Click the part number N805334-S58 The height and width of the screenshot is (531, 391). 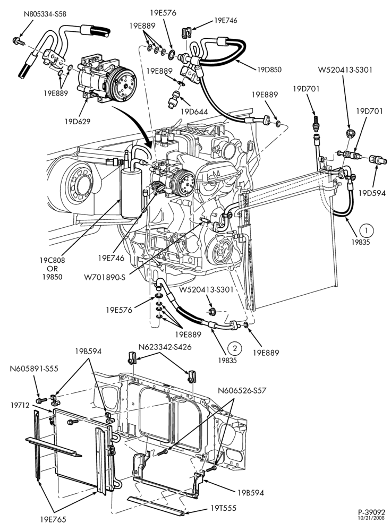45,14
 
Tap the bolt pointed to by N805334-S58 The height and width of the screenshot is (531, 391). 18,41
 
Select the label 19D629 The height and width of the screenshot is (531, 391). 78,121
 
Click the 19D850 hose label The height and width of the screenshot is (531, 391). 269,70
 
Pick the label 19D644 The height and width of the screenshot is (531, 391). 193,112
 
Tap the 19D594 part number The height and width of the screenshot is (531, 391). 372,193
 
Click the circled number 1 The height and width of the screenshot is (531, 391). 366,230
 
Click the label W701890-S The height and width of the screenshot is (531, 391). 105,278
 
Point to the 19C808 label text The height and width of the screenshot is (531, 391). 52,261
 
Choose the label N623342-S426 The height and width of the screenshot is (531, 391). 165,347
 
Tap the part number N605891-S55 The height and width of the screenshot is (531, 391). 34,369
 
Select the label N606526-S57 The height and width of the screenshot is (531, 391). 242,390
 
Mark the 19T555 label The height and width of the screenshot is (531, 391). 224,508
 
